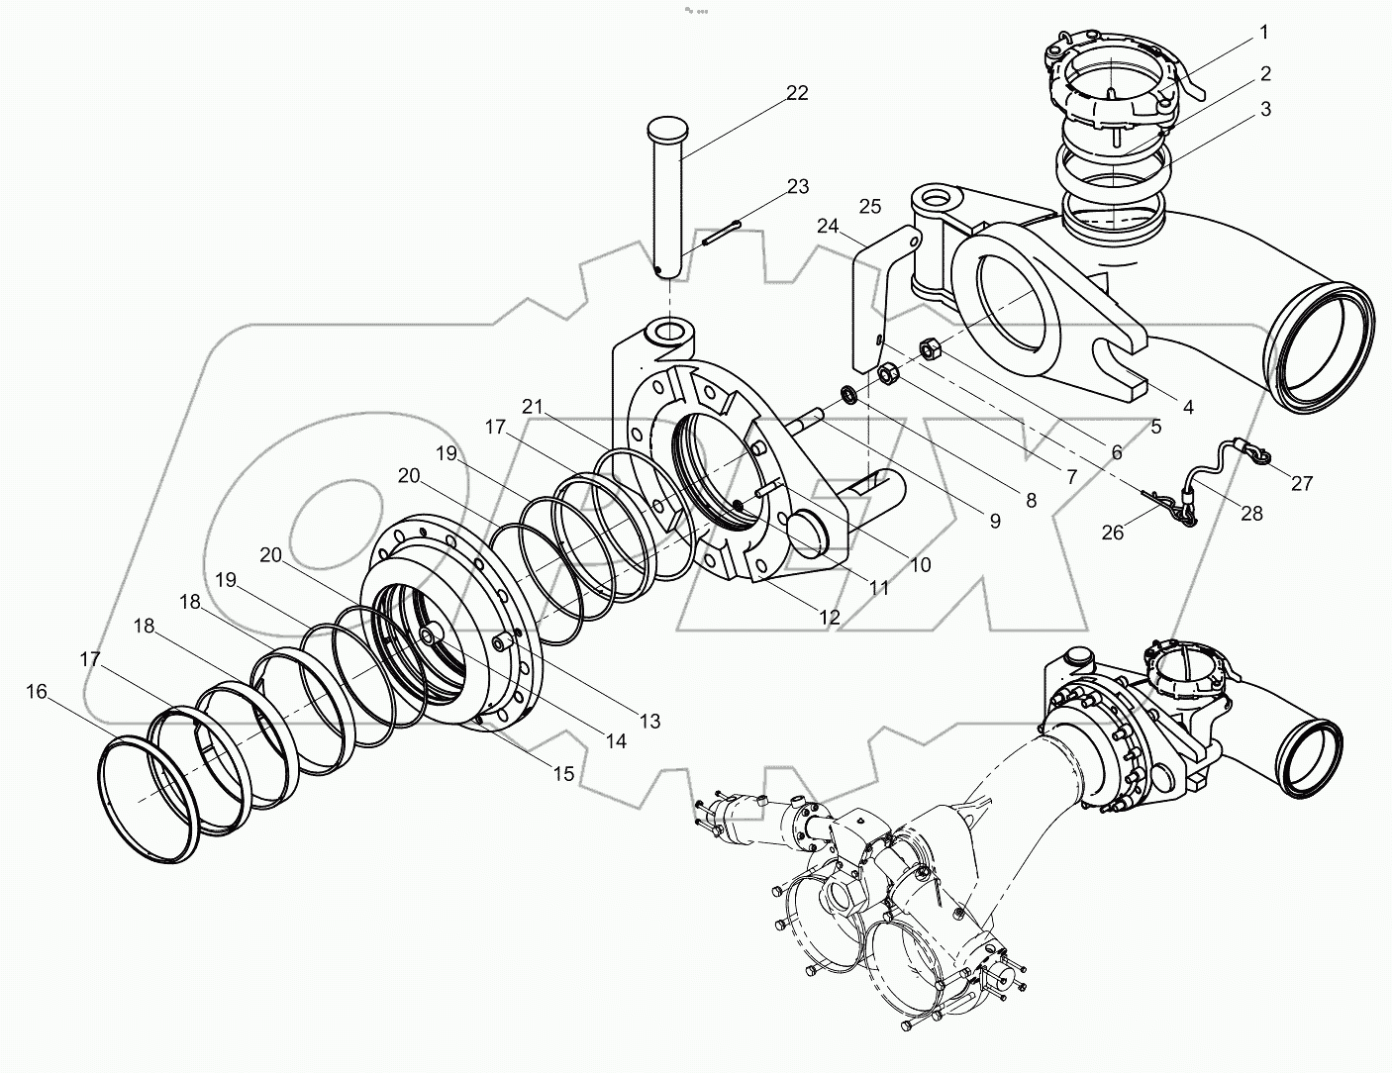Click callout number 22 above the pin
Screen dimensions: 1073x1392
click(x=797, y=93)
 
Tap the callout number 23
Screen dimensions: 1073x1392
click(x=797, y=186)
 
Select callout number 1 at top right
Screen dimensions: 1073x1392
click(x=1263, y=33)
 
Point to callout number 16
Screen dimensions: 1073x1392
click(x=36, y=691)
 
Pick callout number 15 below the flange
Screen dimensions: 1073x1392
click(x=562, y=773)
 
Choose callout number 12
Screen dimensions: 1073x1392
click(x=829, y=617)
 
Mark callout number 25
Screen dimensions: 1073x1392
click(x=870, y=206)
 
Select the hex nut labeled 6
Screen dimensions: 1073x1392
click(x=930, y=348)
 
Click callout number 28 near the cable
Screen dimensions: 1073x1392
click(x=1251, y=514)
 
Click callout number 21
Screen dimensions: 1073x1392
click(x=534, y=406)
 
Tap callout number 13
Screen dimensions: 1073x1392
click(x=648, y=722)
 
